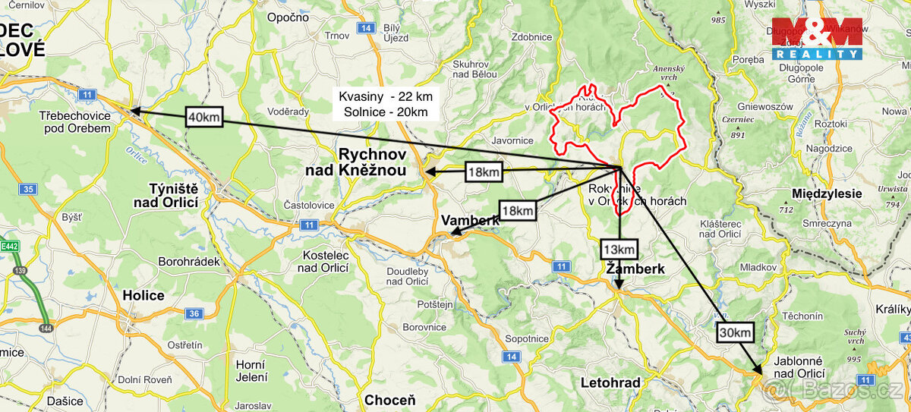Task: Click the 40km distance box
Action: [x=204, y=118]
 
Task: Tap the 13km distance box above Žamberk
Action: [x=619, y=249]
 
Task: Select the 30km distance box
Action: [x=735, y=332]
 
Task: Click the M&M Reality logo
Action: [x=817, y=39]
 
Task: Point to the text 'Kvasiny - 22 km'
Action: [x=386, y=97]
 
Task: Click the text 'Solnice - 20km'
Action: [x=386, y=112]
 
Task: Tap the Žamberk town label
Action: [x=635, y=269]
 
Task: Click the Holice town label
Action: [x=143, y=295]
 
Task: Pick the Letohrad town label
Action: [x=610, y=382]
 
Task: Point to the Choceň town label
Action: [x=390, y=400]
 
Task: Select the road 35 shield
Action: [x=29, y=188]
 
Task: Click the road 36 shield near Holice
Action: [x=194, y=313]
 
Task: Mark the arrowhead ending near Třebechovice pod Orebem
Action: [x=134, y=111]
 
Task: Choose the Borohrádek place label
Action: [x=189, y=261]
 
